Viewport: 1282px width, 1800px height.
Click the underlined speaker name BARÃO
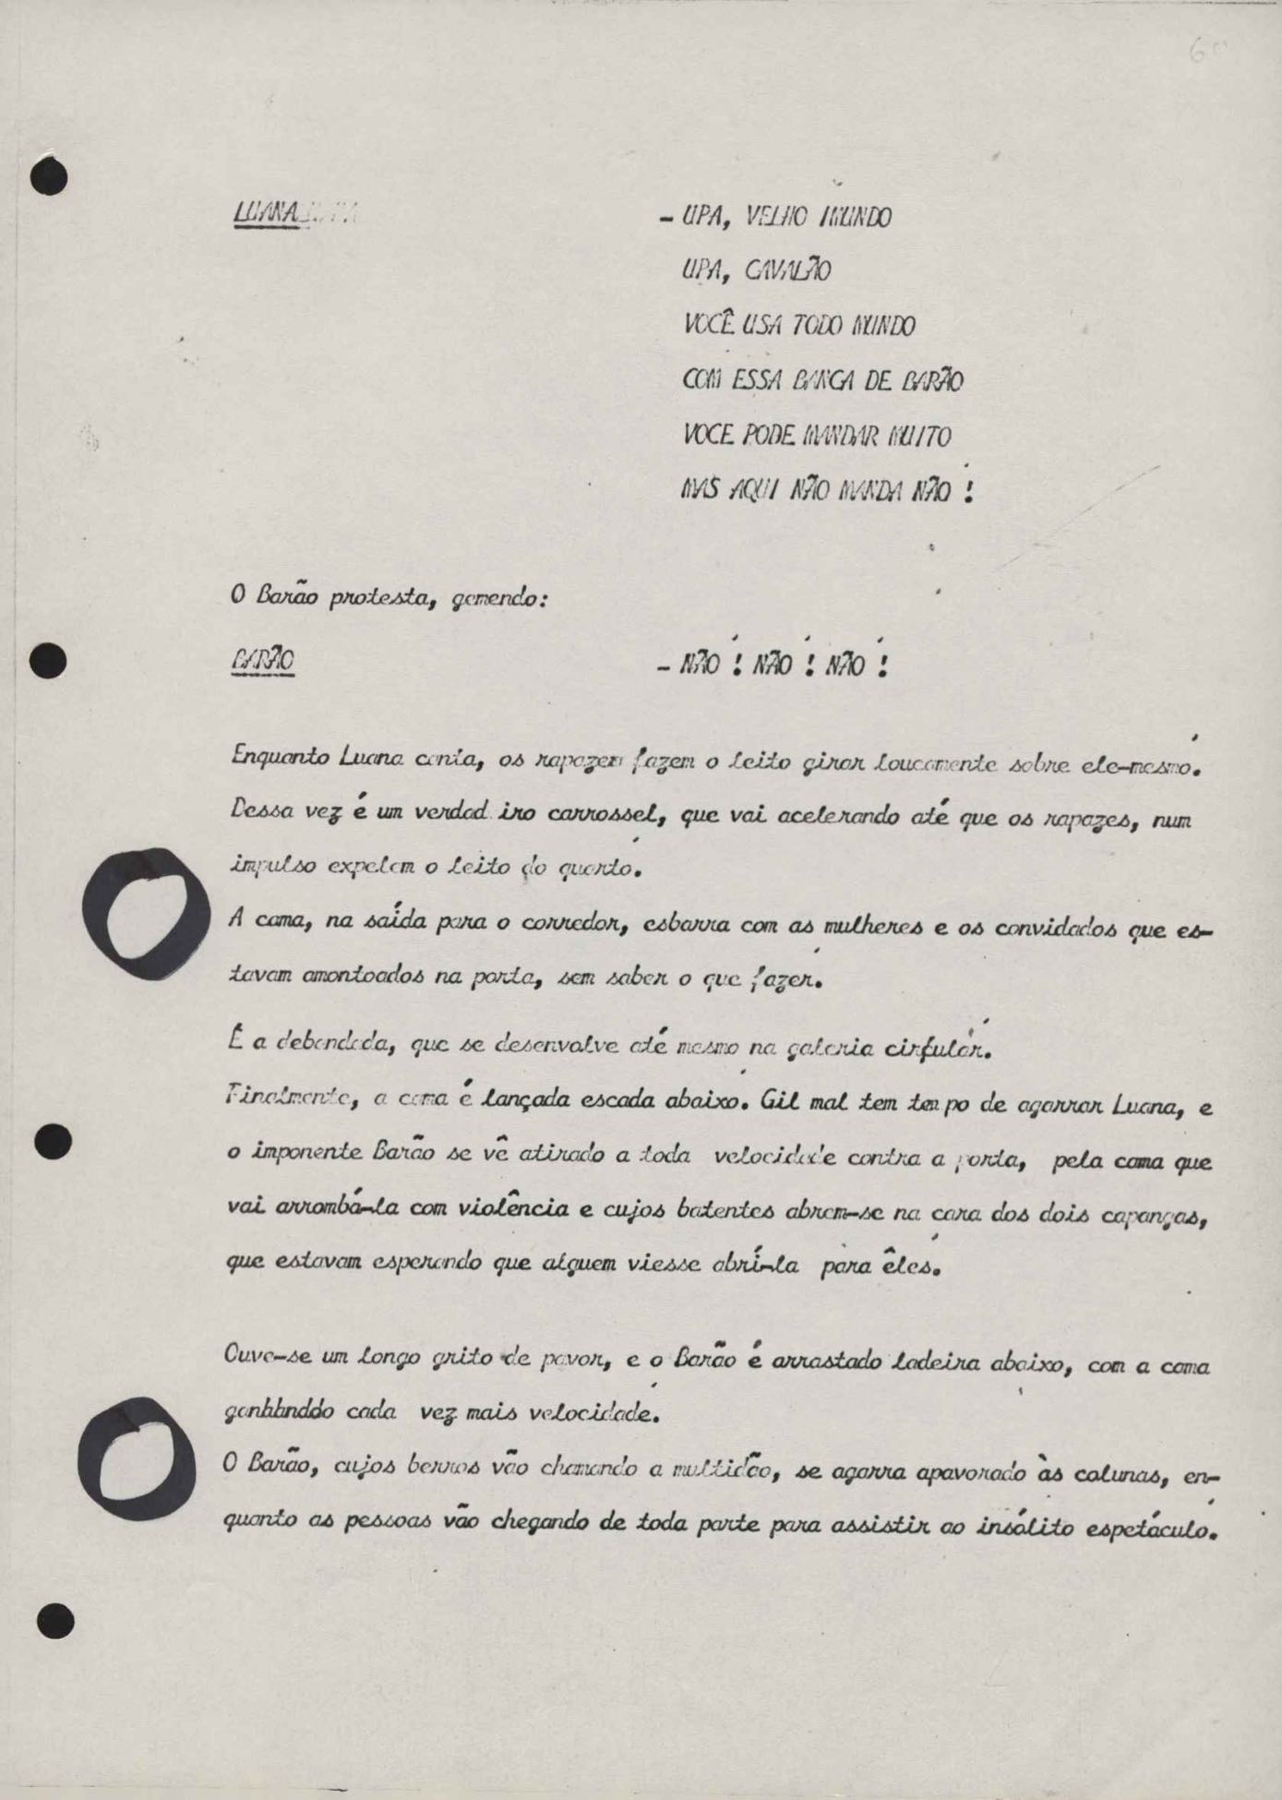pos(263,663)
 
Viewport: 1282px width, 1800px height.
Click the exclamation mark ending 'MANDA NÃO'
pos(967,491)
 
